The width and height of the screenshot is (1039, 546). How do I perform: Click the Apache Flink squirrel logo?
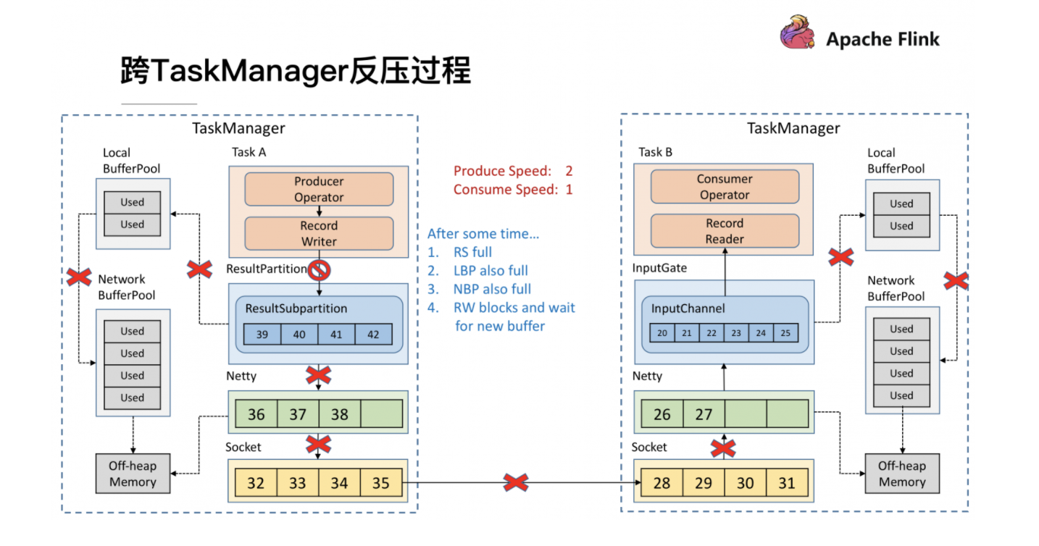click(x=798, y=34)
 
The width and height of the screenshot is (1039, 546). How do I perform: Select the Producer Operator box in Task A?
click(x=319, y=190)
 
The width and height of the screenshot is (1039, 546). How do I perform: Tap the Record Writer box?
click(x=319, y=234)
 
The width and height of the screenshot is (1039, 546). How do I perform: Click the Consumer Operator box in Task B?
click(x=725, y=187)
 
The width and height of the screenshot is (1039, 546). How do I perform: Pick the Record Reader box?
click(x=725, y=231)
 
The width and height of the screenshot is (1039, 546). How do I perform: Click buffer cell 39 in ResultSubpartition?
click(x=262, y=334)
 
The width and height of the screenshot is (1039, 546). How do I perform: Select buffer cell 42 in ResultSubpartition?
click(x=373, y=334)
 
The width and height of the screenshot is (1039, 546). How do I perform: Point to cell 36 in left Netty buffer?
click(x=256, y=414)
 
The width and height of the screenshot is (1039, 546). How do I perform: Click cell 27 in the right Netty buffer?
click(x=704, y=414)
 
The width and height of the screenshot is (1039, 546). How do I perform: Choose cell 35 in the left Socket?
click(x=380, y=482)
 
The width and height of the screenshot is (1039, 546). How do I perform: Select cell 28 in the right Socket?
click(x=662, y=482)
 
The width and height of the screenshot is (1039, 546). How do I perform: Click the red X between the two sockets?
click(x=515, y=482)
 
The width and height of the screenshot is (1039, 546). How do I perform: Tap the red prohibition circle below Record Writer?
click(x=319, y=271)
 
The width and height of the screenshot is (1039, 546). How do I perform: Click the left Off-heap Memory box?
click(x=133, y=474)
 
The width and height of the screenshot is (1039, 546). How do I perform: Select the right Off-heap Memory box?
click(x=902, y=474)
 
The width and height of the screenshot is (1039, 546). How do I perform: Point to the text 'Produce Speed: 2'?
click(x=513, y=171)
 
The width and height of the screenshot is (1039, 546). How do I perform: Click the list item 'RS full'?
click(x=472, y=252)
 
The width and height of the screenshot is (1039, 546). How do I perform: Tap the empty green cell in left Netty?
click(x=381, y=414)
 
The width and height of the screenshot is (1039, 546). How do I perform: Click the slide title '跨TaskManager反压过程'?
click(x=296, y=72)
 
